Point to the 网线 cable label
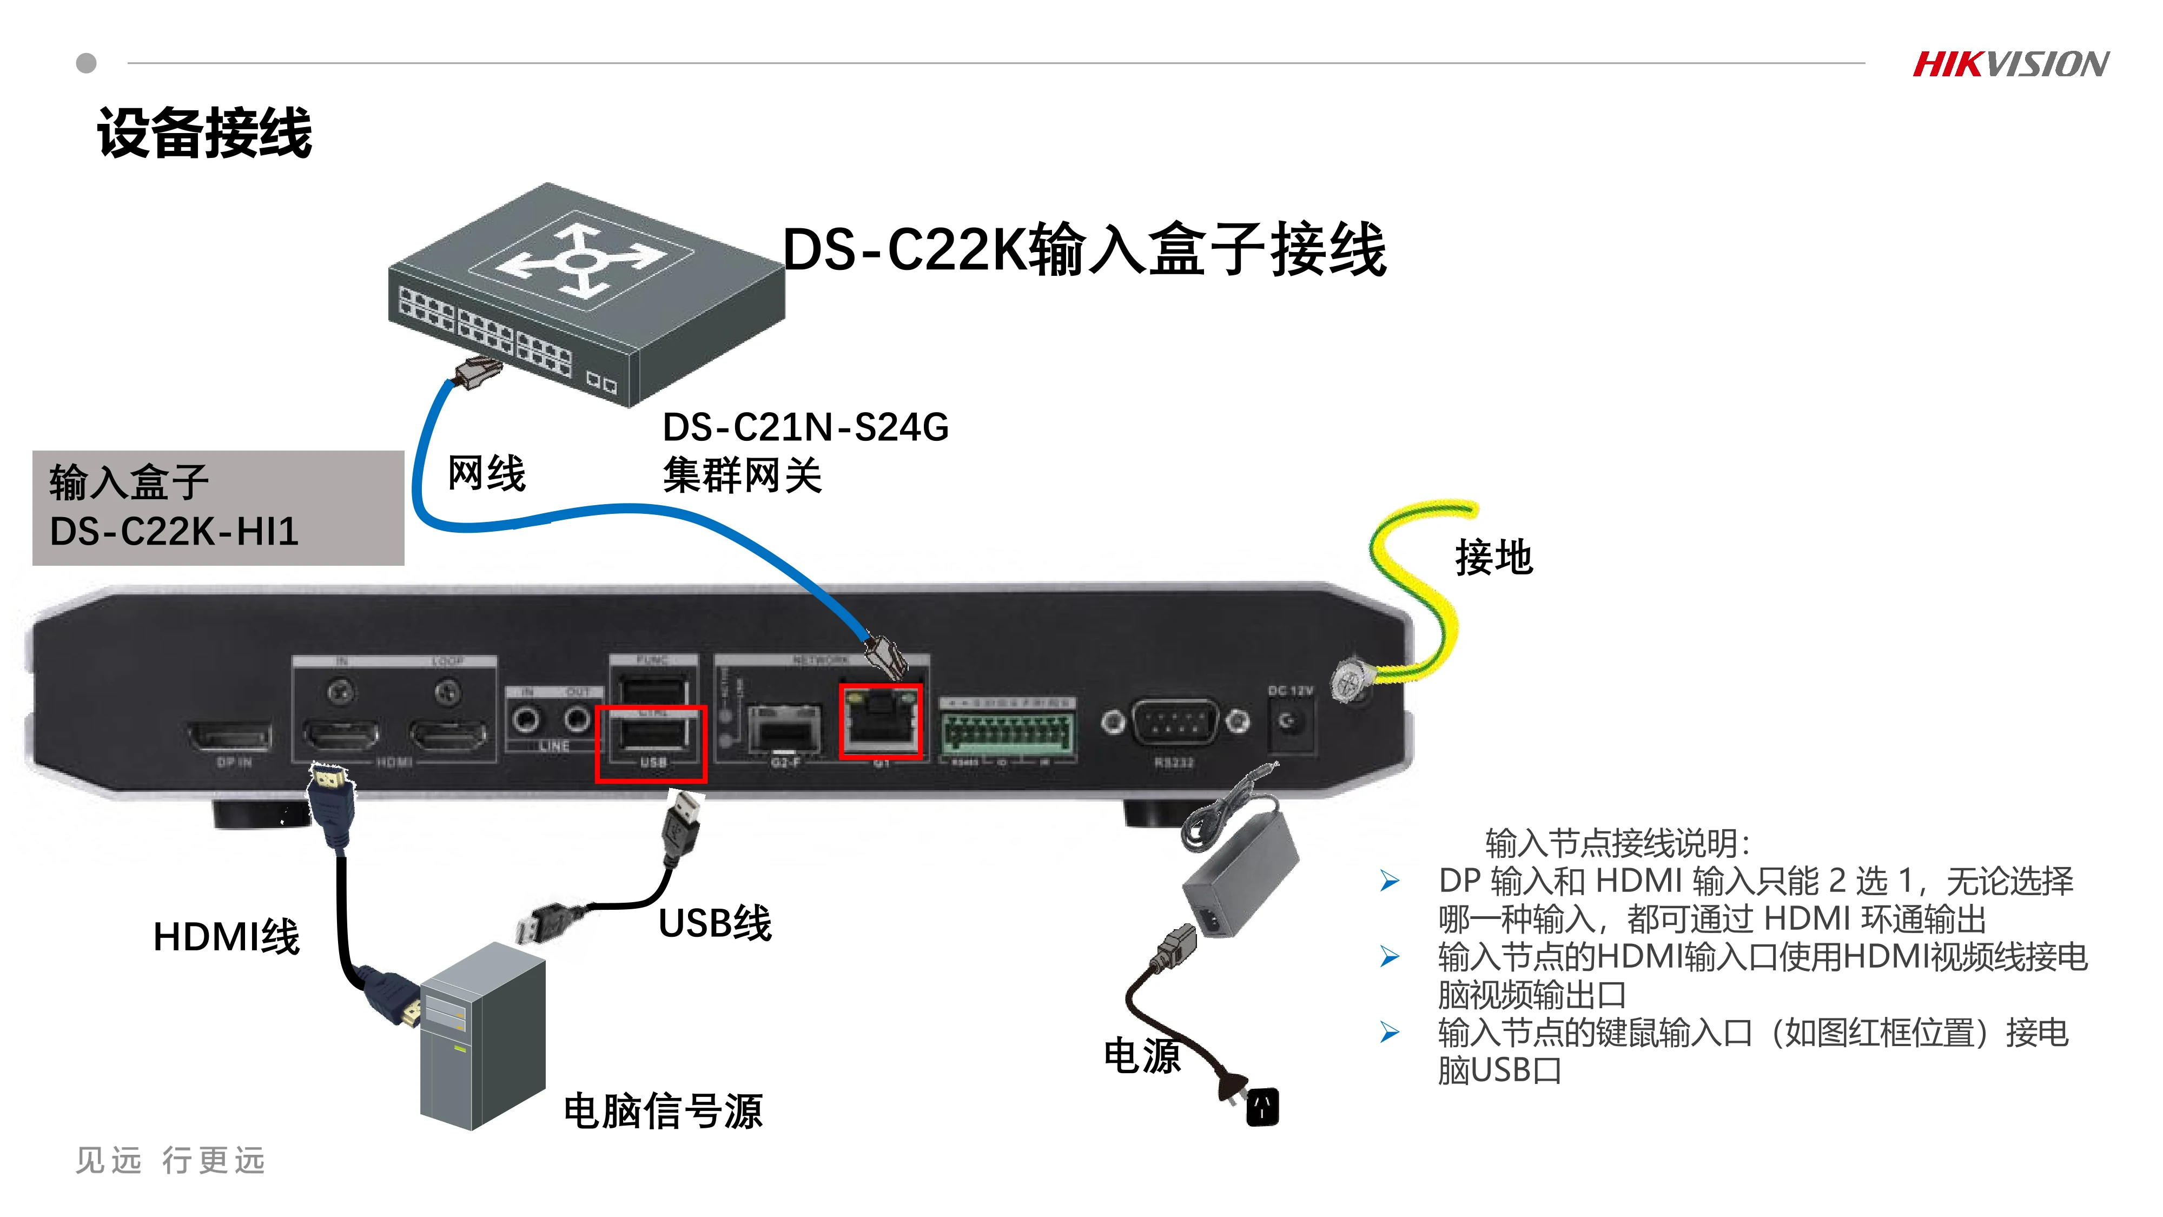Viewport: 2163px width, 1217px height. coord(486,474)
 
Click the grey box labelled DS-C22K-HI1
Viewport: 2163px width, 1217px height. coord(217,507)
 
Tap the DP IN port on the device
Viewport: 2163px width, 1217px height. coord(229,737)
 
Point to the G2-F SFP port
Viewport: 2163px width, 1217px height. coord(783,729)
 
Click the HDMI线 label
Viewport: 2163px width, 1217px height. coord(225,936)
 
